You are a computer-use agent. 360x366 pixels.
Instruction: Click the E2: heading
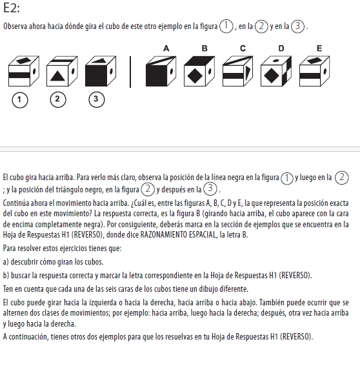click(x=12, y=8)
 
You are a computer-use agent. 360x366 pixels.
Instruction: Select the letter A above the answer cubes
click(x=166, y=48)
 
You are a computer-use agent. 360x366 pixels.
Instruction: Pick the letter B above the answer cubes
click(x=205, y=48)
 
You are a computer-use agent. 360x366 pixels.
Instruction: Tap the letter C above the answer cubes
click(x=243, y=48)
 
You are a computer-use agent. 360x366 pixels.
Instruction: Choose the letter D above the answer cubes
click(x=281, y=48)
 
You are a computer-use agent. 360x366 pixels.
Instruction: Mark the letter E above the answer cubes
click(x=319, y=48)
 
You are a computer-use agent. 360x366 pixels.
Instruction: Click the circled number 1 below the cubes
click(x=20, y=100)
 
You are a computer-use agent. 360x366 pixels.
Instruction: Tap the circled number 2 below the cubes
click(x=58, y=99)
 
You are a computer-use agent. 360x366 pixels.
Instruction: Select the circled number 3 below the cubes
click(x=96, y=99)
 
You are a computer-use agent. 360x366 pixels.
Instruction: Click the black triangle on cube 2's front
click(x=57, y=76)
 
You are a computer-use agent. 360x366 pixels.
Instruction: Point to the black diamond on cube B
click(x=195, y=76)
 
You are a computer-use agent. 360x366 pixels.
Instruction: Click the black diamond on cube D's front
click(x=272, y=76)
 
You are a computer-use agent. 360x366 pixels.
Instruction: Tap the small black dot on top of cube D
click(x=275, y=61)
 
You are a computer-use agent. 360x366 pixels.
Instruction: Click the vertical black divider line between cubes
click(x=130, y=72)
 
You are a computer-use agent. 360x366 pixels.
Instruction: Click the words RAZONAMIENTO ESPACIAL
click(x=178, y=234)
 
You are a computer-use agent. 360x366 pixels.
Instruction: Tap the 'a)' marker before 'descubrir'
click(x=6, y=262)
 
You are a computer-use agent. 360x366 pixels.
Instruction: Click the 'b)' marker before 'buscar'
click(x=6, y=276)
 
